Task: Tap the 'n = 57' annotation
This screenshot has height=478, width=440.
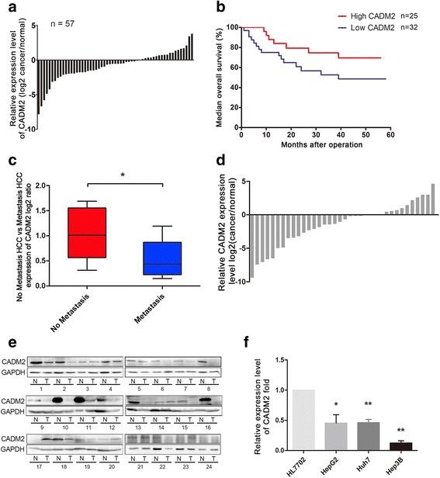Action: [x=70, y=15]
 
